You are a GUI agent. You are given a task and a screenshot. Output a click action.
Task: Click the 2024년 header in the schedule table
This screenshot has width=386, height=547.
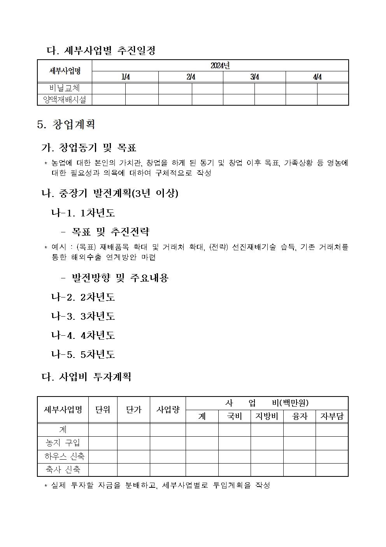pyautogui.click(x=220, y=65)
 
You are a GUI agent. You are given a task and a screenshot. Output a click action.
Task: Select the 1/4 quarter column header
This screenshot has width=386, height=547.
pyautogui.click(x=125, y=77)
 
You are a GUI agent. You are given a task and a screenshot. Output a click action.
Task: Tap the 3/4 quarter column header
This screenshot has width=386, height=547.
pyautogui.click(x=254, y=77)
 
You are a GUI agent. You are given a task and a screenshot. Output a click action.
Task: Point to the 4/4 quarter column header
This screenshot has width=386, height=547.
pyautogui.click(x=317, y=77)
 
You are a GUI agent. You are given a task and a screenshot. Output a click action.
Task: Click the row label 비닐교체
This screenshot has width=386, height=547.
pyautogui.click(x=65, y=88)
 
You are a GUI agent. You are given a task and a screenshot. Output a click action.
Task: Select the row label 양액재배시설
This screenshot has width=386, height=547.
pyautogui.click(x=65, y=99)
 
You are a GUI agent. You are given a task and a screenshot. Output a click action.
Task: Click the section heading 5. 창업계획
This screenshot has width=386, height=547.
pyautogui.click(x=66, y=125)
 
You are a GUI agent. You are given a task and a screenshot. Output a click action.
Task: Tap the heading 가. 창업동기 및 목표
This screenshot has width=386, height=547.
pyautogui.click(x=89, y=148)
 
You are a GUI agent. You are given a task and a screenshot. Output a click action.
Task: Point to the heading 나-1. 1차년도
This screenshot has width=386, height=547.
pyautogui.click(x=83, y=213)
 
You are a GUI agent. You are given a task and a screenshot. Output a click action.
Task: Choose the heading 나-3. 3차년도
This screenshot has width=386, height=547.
pyautogui.click(x=83, y=316)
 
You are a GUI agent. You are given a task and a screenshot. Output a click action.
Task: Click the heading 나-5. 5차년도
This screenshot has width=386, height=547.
pyautogui.click(x=83, y=354)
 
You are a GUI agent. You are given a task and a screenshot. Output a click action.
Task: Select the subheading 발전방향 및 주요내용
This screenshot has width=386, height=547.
pyautogui.click(x=120, y=278)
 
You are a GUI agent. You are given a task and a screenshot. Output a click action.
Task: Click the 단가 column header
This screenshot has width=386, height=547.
pyautogui.click(x=133, y=409)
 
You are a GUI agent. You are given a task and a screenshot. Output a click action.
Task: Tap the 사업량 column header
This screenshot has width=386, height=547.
pyautogui.click(x=168, y=409)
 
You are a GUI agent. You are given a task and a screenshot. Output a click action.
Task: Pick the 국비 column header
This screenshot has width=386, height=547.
pyautogui.click(x=234, y=416)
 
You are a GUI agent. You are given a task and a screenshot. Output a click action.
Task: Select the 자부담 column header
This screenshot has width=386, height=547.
pyautogui.click(x=332, y=416)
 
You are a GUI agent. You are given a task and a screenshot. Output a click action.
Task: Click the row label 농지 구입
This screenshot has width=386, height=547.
pyautogui.click(x=63, y=443)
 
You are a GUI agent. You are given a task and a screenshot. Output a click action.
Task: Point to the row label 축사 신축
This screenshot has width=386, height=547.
pyautogui.click(x=63, y=469)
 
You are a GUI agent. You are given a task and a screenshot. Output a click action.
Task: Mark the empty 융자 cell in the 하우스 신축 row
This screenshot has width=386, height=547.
pyautogui.click(x=299, y=456)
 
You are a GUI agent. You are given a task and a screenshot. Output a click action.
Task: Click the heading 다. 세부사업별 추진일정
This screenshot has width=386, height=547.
pyautogui.click(x=101, y=50)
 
